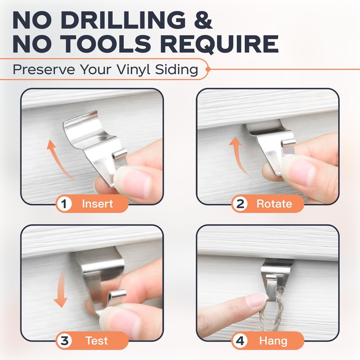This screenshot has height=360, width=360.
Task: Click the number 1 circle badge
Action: [x=64, y=203]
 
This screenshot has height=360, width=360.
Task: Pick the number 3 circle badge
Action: [x=64, y=340]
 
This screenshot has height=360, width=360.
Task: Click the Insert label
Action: [x=97, y=203]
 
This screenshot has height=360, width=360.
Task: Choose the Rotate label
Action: [x=274, y=203]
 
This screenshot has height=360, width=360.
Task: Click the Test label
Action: [x=97, y=340]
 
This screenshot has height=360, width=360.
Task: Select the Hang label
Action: [x=273, y=340]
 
